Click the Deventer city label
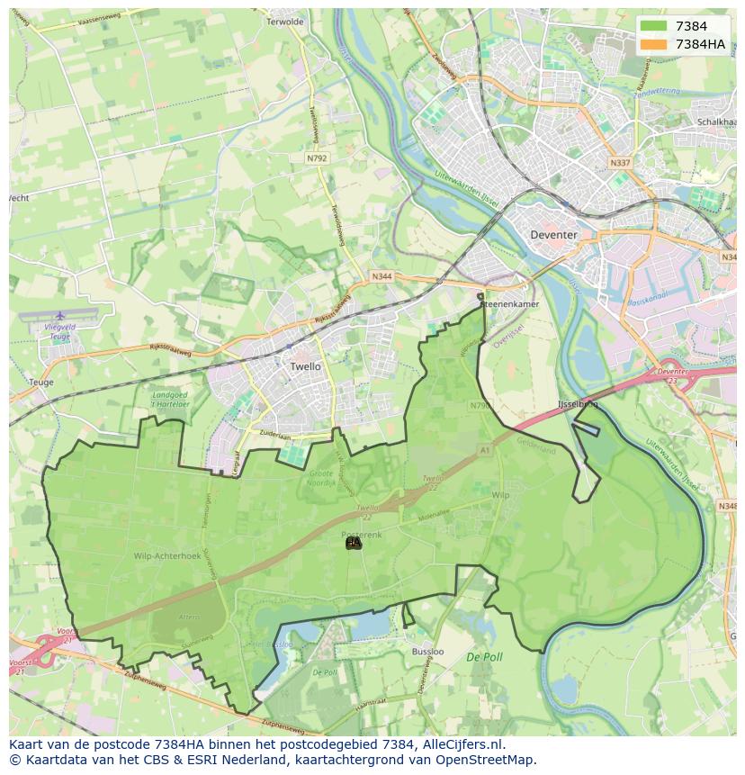tap(553, 234)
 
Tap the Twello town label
tap(305, 367)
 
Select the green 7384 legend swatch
tap(654, 26)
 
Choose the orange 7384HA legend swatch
tap(654, 44)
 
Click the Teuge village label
tap(40, 383)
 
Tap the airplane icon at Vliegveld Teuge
tap(59, 316)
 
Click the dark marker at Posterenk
tap(354, 543)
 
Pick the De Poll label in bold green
tap(484, 658)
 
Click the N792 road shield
tap(317, 158)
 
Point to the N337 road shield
tap(620, 163)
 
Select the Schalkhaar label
tap(717, 122)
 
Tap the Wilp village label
tap(501, 496)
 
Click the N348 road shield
tap(728, 507)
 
